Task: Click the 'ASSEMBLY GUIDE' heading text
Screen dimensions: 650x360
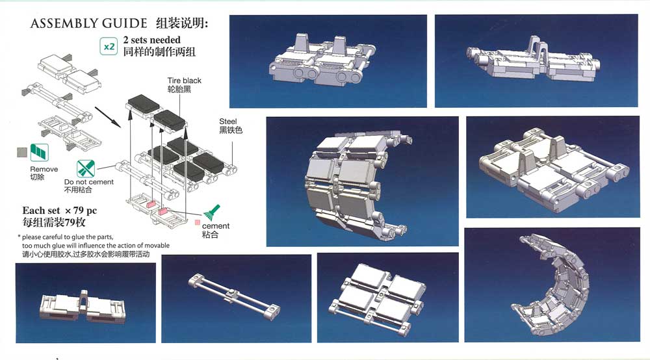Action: coord(88,23)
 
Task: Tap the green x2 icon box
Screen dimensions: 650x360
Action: coord(109,46)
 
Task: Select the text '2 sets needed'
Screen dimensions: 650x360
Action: coord(151,40)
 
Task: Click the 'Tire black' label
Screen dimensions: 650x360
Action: coord(184,81)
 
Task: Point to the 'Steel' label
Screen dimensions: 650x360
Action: coord(227,122)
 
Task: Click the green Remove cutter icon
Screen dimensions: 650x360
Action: coord(40,153)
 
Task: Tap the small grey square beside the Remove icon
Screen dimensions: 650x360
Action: coord(22,152)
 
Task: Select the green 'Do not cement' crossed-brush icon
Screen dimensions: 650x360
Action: coord(85,168)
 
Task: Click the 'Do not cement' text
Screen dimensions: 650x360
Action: coord(88,182)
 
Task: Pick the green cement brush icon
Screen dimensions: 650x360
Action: coord(212,212)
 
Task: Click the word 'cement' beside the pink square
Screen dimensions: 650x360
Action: coord(216,225)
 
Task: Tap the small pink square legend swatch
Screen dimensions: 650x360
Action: coord(198,222)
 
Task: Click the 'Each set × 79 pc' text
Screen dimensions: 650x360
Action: coord(60,211)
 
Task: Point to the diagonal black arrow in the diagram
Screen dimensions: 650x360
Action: coord(108,117)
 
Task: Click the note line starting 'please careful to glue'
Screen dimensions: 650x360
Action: coord(68,237)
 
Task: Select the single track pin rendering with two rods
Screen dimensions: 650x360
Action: coord(234,297)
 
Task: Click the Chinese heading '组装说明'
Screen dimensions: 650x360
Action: coord(182,23)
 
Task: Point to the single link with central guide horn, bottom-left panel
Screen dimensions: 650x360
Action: coord(83,307)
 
